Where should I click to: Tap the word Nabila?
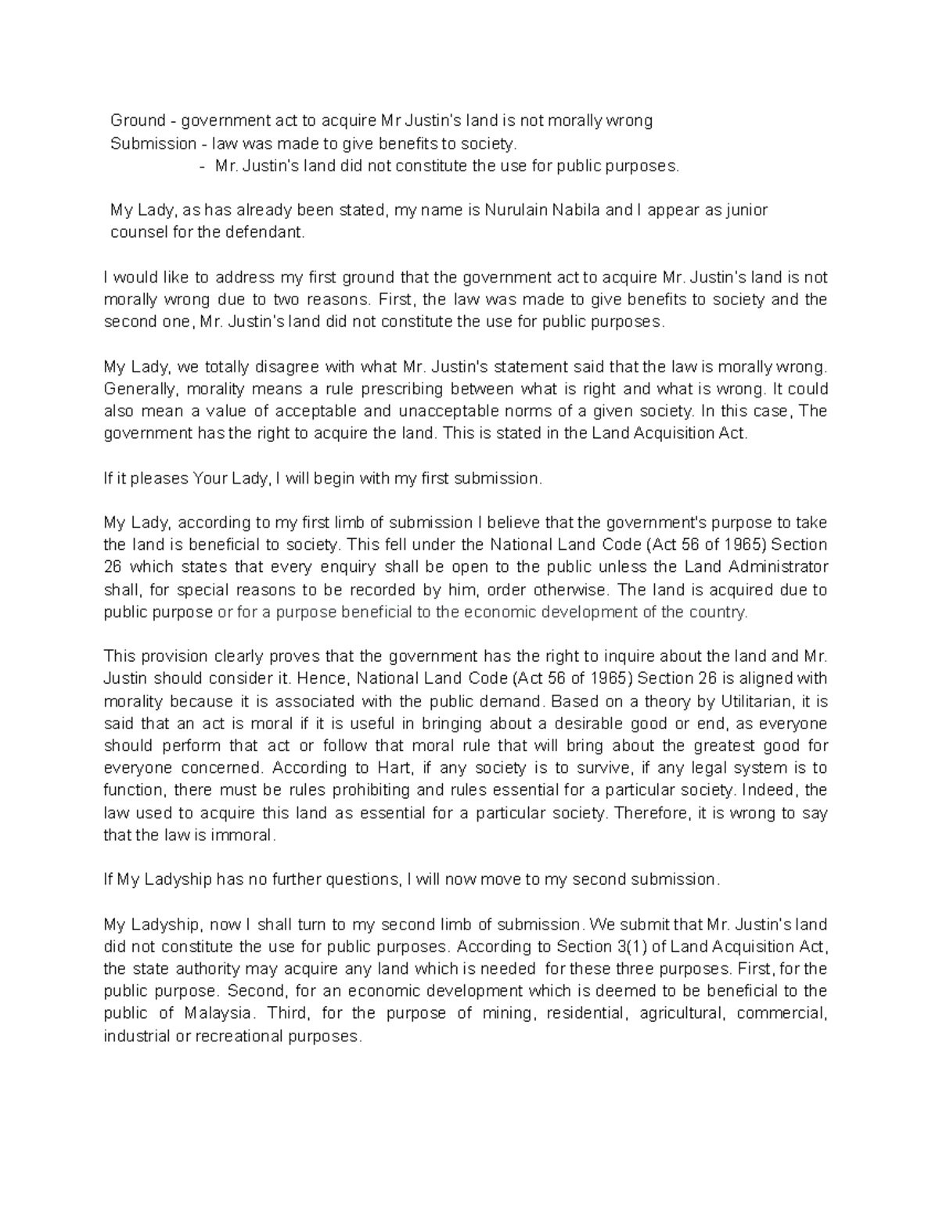point(574,210)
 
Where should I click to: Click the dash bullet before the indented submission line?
point(203,167)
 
